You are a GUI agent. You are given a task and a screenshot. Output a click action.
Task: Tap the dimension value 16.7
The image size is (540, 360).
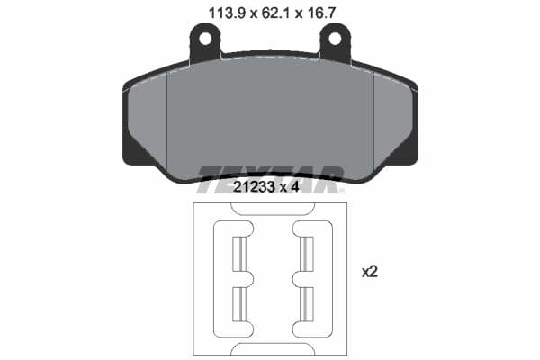pyautogui.click(x=324, y=13)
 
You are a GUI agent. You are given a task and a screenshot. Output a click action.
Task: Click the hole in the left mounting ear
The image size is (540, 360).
pyautogui.click(x=205, y=40)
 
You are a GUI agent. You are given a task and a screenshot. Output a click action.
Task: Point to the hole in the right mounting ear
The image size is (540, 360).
pyautogui.click(x=337, y=40)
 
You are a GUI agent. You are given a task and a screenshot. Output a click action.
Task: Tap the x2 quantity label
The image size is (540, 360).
pyautogui.click(x=369, y=271)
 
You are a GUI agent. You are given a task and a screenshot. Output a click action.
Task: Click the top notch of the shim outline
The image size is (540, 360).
pyautogui.click(x=271, y=208)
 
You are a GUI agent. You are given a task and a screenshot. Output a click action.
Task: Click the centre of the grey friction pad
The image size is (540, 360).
pyautogui.click(x=270, y=117)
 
